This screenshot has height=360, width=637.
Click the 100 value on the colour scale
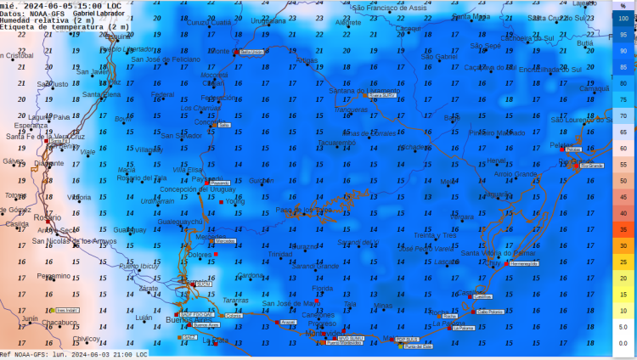pyautogui.click(x=623, y=19)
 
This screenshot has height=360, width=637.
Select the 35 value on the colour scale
pyautogui.click(x=623, y=229)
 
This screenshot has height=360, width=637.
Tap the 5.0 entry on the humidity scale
pyautogui.click(x=623, y=326)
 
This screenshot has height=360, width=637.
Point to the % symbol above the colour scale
pyautogui.click(x=623, y=5)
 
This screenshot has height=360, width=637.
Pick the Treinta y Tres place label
pyautogui.click(x=436, y=235)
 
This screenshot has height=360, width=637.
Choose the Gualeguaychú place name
pyautogui.click(x=180, y=222)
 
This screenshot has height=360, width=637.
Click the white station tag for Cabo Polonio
pyautogui.click(x=489, y=312)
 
